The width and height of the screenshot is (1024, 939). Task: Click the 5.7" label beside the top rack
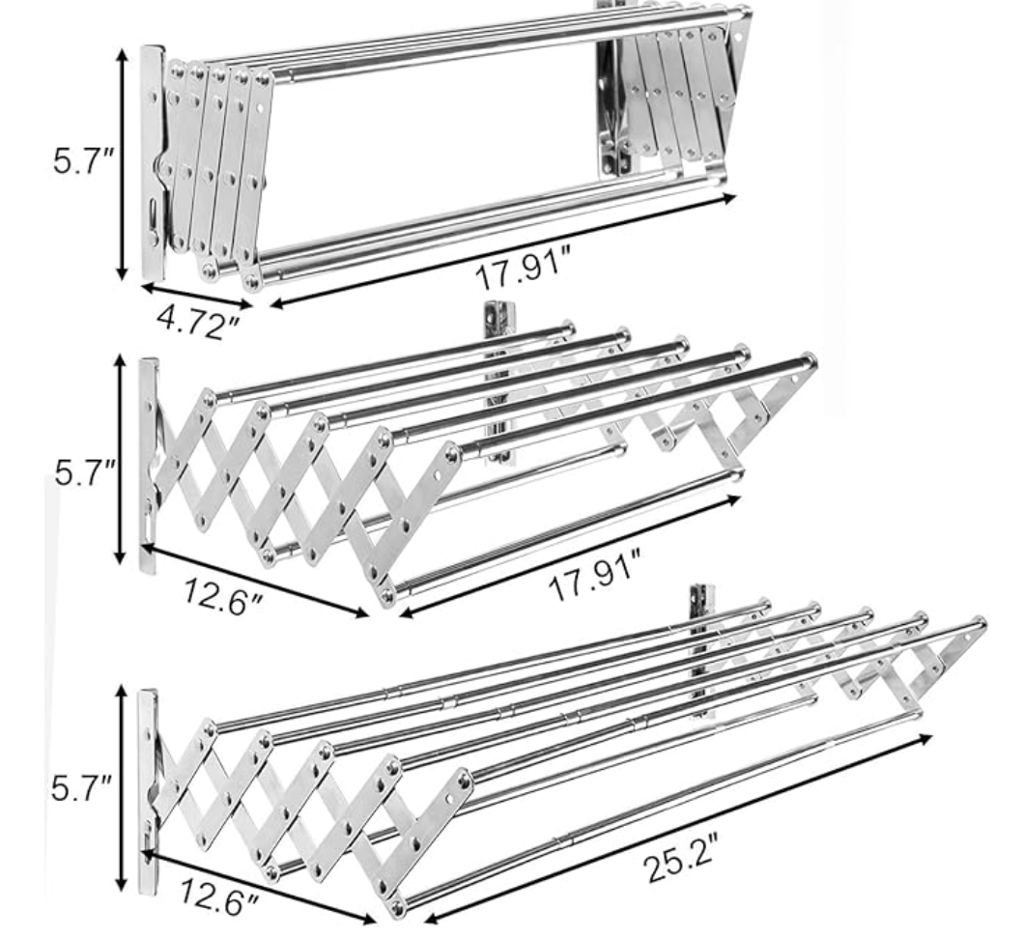84,160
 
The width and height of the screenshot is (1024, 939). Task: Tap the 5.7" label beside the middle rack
85,472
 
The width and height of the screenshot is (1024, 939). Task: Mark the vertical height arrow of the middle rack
120,459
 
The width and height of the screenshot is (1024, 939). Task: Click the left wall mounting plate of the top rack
153,163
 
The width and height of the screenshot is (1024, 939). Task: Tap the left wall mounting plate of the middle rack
149,465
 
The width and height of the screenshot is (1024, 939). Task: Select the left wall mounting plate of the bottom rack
148,791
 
